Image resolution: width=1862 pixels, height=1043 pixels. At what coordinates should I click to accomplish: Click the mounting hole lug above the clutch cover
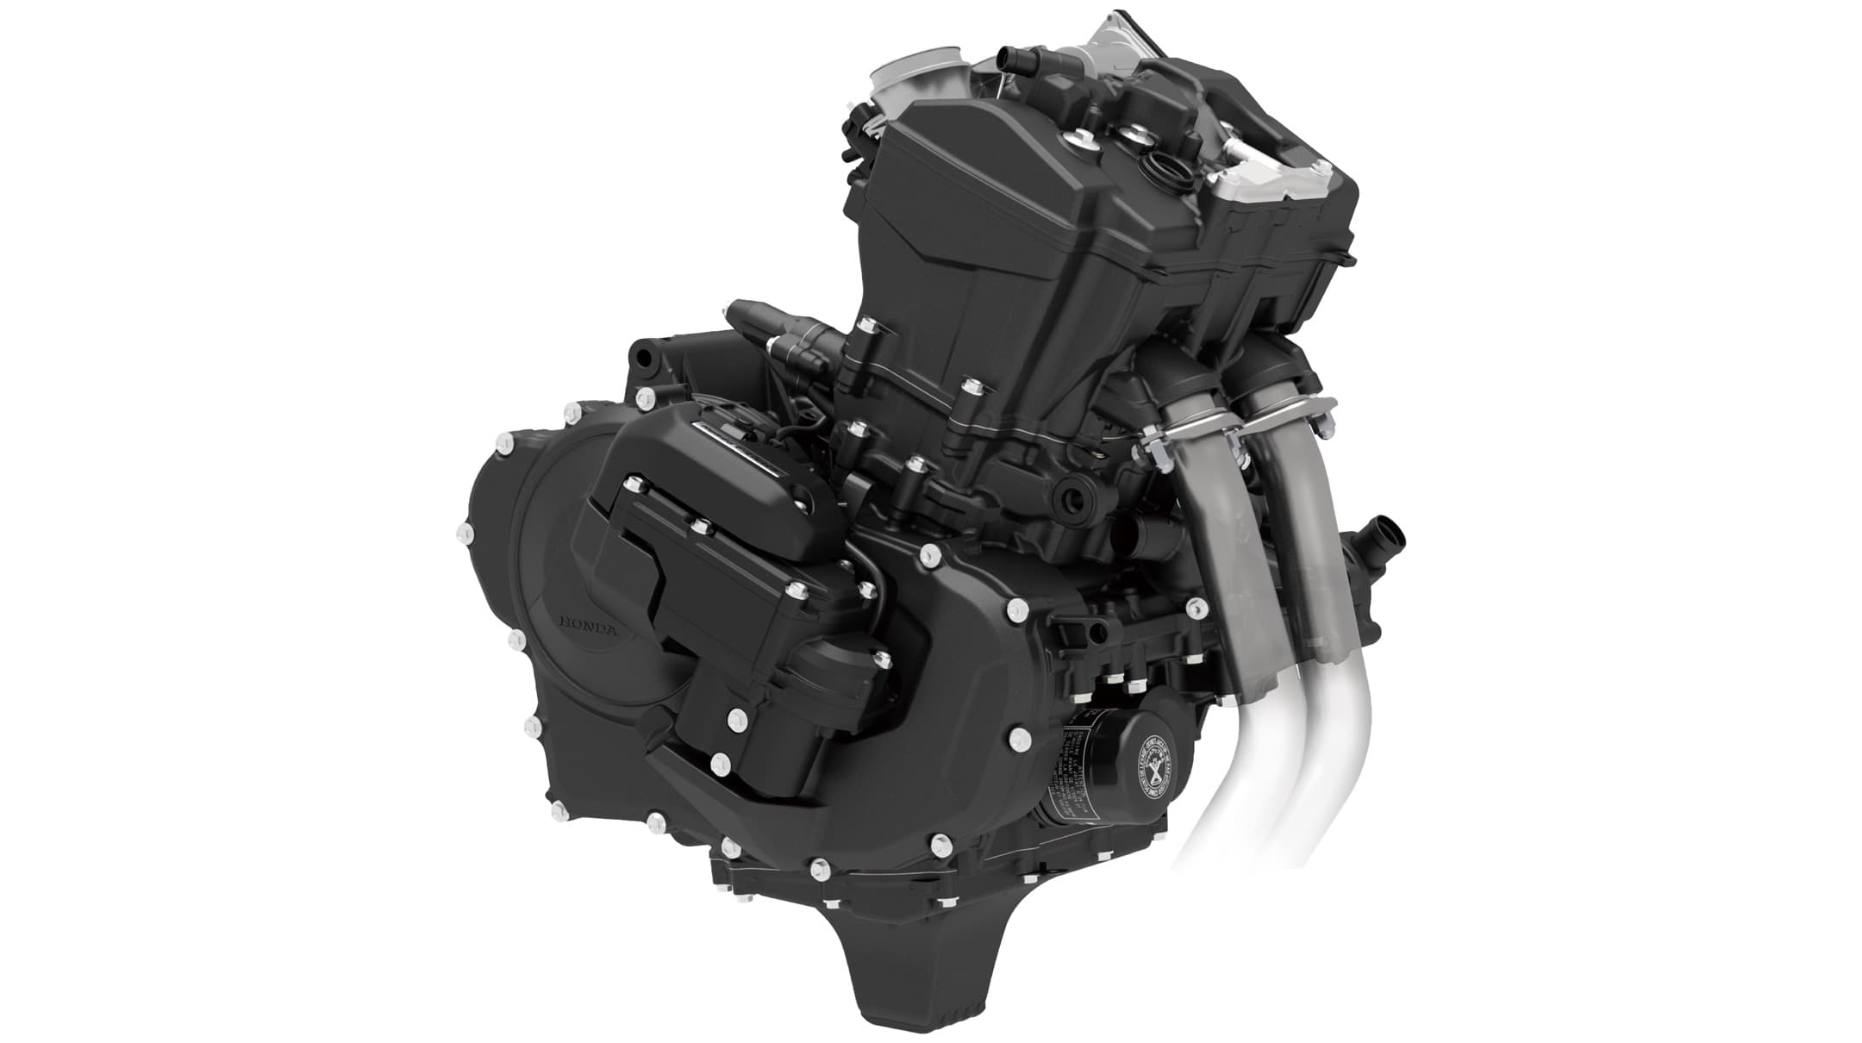coord(642,354)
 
